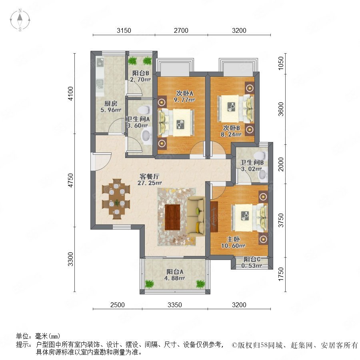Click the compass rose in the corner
tap(20, 20)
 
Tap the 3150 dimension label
tap(124, 30)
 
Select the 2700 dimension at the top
tap(181, 30)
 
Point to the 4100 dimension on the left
tap(71, 94)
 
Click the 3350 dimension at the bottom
tap(174, 305)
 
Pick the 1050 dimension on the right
tap(280, 63)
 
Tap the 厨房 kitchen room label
tap(111, 103)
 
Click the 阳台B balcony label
tap(140, 73)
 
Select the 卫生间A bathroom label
tap(138, 119)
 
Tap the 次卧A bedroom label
tap(184, 94)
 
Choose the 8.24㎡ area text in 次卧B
tap(231, 134)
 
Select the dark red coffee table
tap(172, 217)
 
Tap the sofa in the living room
tap(196, 215)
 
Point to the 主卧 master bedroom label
tap(233, 239)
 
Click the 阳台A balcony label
tap(175, 272)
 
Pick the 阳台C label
tap(252, 260)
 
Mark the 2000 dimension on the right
tap(280, 164)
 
